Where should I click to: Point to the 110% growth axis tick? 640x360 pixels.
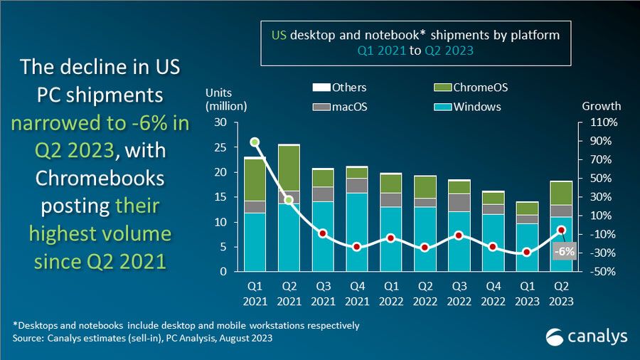coord(600,122)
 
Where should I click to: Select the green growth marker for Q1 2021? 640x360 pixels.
coord(255,142)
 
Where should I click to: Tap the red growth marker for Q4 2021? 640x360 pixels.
coord(356,247)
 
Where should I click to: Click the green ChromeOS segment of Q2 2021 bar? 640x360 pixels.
coord(289,168)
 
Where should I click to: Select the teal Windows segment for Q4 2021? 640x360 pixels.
coord(356,232)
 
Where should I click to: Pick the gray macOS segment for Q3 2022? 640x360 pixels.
coord(458,203)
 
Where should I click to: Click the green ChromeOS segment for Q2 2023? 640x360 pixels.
coord(562,193)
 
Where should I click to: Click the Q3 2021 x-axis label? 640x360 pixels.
coord(322,293)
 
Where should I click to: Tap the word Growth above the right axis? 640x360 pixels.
coord(602,106)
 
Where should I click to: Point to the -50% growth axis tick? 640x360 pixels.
coord(600,272)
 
